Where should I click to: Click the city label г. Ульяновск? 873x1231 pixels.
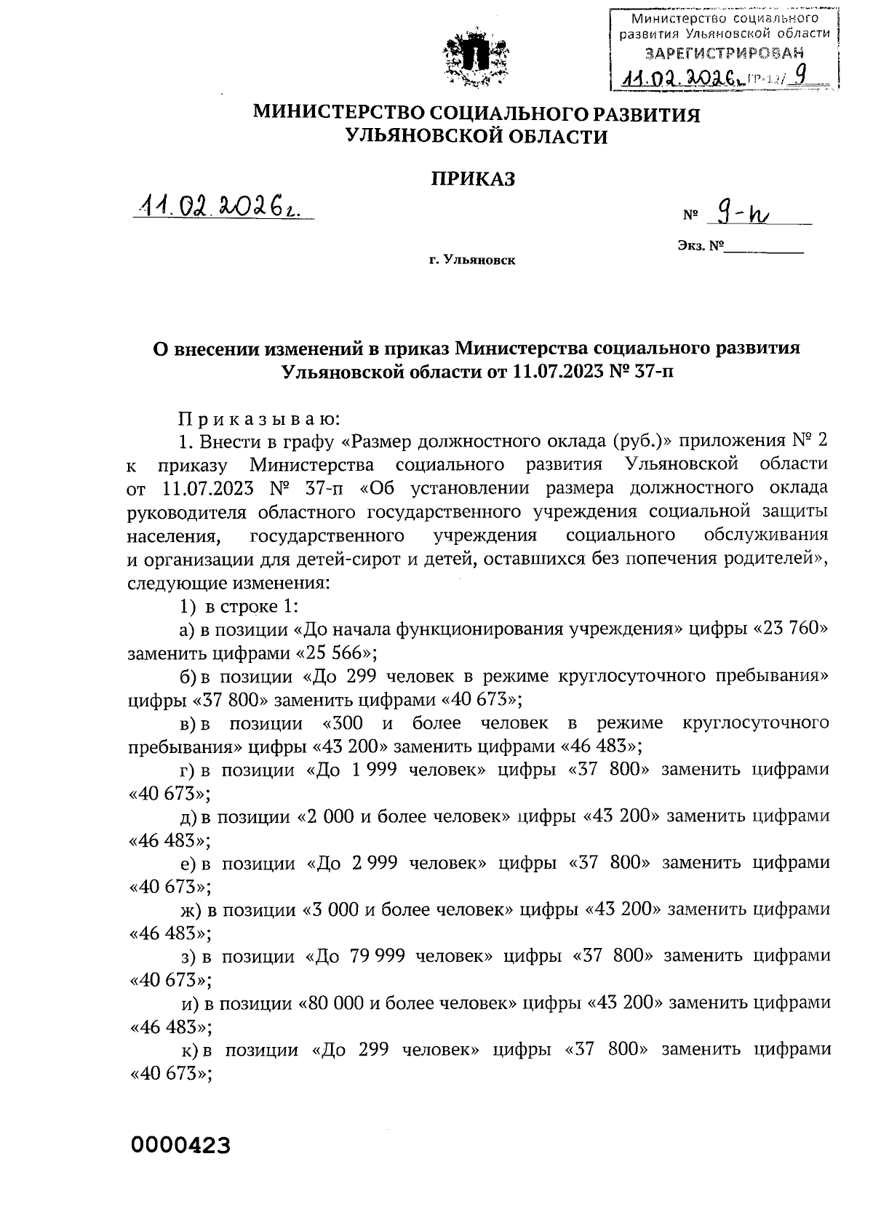(x=471, y=260)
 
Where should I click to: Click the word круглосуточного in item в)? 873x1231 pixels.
(x=757, y=723)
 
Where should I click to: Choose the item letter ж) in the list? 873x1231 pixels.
(x=192, y=909)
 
